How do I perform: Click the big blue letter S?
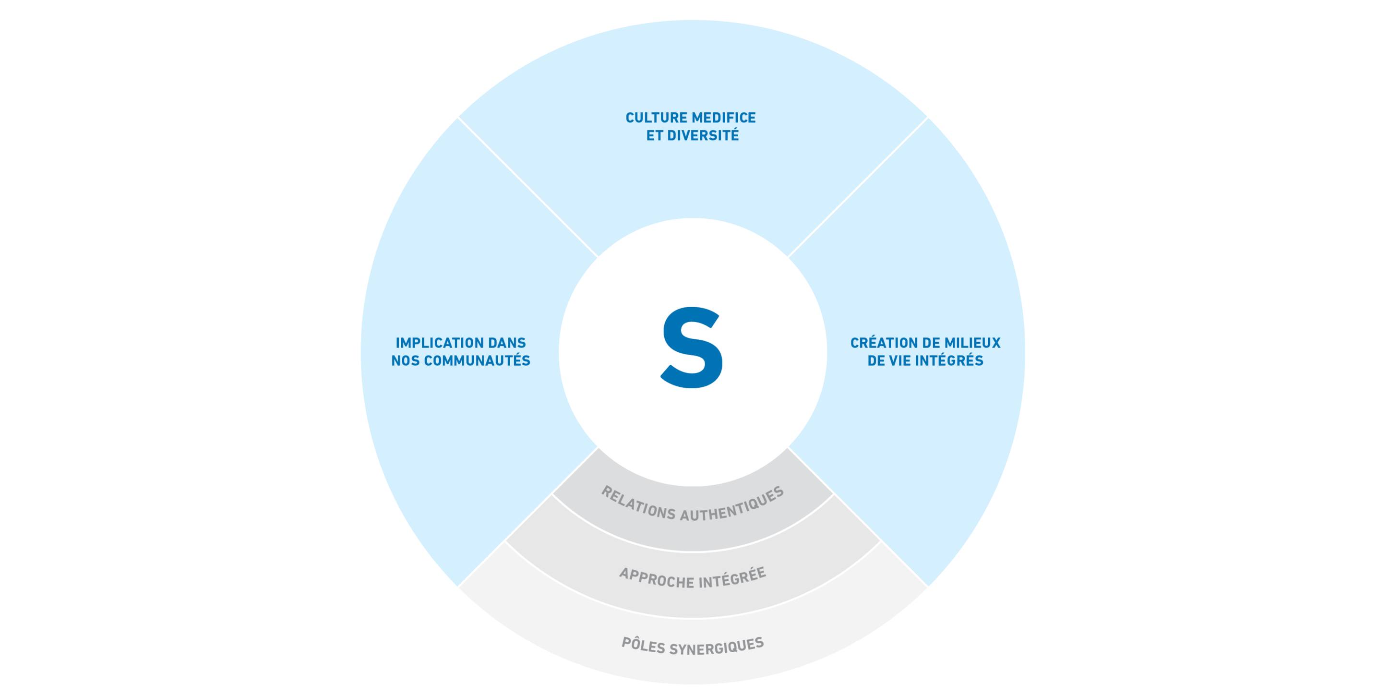692,347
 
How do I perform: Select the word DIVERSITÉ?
703,135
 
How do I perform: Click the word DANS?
507,343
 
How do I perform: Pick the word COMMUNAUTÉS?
477,360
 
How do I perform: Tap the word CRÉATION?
879,343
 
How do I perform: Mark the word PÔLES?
643,644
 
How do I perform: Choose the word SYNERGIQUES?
717,646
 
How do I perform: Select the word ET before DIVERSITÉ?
655,135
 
